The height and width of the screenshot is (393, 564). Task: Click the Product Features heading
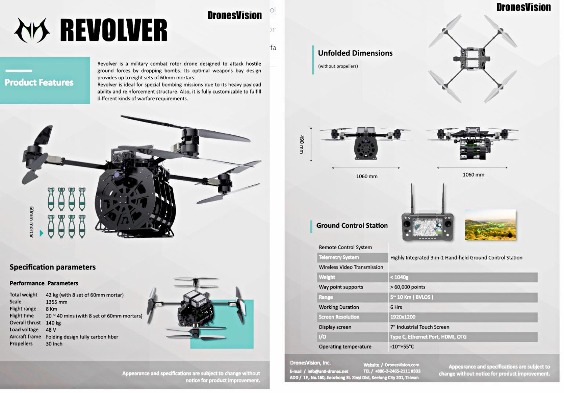[39, 83]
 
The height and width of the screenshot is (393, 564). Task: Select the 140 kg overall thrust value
[53, 323]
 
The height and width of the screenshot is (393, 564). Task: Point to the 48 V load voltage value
[51, 330]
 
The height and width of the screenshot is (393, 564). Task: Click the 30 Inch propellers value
[54, 344]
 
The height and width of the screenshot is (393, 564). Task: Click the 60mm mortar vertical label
[32, 222]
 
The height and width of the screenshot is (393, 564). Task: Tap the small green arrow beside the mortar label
[41, 233]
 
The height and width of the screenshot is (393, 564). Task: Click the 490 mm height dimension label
[302, 144]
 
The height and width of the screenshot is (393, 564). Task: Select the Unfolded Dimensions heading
[355, 53]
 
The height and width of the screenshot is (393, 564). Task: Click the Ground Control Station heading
[352, 226]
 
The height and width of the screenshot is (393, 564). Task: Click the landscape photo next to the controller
[490, 225]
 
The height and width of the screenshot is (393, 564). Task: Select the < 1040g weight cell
[399, 277]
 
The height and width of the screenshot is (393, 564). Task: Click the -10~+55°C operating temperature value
[402, 347]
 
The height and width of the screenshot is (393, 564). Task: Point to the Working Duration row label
[339, 307]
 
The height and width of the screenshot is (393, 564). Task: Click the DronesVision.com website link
[402, 365]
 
